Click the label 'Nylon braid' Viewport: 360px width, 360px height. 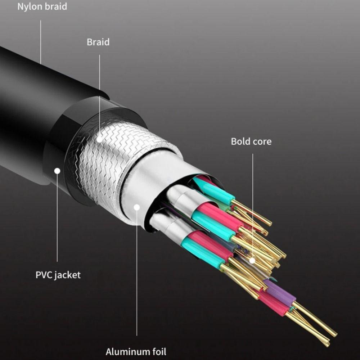tap(42, 6)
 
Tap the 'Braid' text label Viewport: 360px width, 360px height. tap(98, 42)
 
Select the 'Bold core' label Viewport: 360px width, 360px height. tap(251, 141)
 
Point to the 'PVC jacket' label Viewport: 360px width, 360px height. tap(58, 275)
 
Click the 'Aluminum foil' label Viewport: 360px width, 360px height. tap(136, 351)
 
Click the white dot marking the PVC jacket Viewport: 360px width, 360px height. tap(57, 171)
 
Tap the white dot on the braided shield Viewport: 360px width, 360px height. tap(99, 138)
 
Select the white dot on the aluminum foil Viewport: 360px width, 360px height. tap(137, 207)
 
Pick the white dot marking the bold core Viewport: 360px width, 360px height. tap(252, 260)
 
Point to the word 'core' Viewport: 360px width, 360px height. tap(262, 141)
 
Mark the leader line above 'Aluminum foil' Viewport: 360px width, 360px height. tap(137, 274)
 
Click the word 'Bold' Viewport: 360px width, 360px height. tap(240, 141)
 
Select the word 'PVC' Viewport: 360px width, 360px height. tap(44, 275)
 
